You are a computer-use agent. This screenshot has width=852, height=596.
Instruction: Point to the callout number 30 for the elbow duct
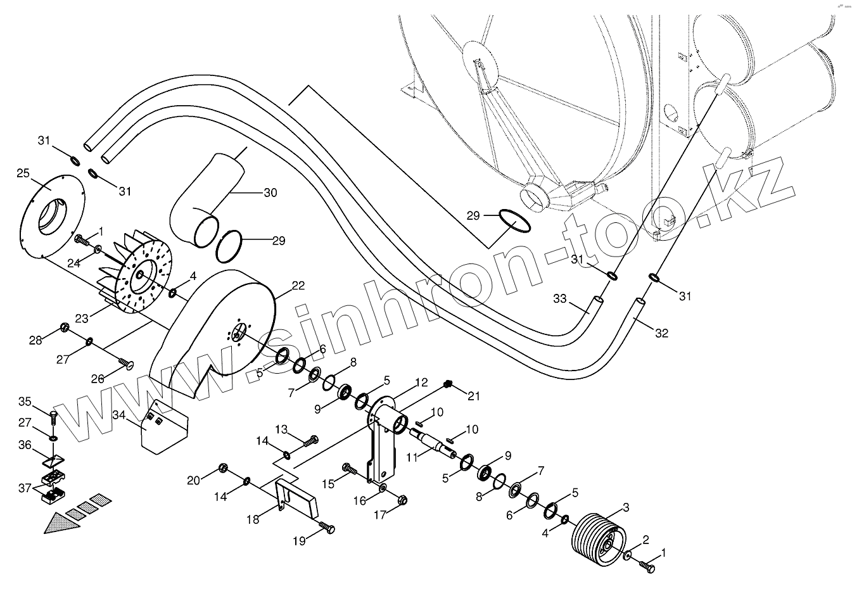270,193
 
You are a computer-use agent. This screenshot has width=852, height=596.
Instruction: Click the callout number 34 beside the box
119,415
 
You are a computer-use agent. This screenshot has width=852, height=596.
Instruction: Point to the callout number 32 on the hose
661,333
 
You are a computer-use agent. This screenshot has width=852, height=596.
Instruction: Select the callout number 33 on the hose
559,298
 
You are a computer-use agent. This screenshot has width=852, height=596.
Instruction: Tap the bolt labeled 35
53,417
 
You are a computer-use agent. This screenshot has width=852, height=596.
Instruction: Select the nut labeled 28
64,327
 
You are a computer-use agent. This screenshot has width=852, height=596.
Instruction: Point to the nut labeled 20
223,468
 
